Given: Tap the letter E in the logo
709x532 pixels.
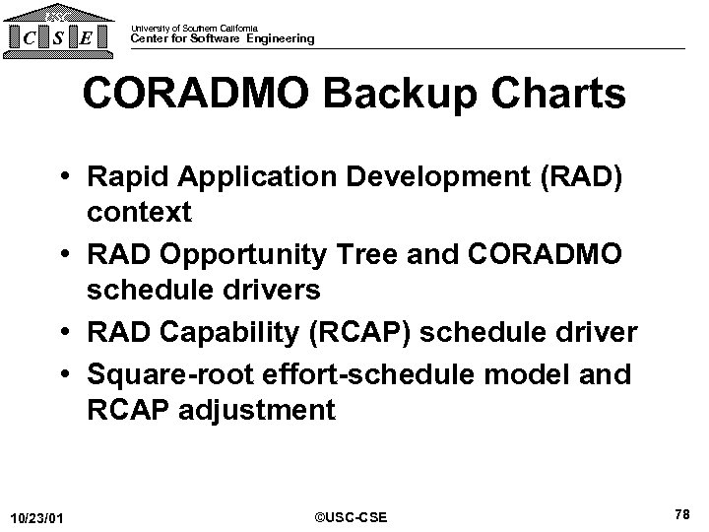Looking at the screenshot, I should [89, 38].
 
